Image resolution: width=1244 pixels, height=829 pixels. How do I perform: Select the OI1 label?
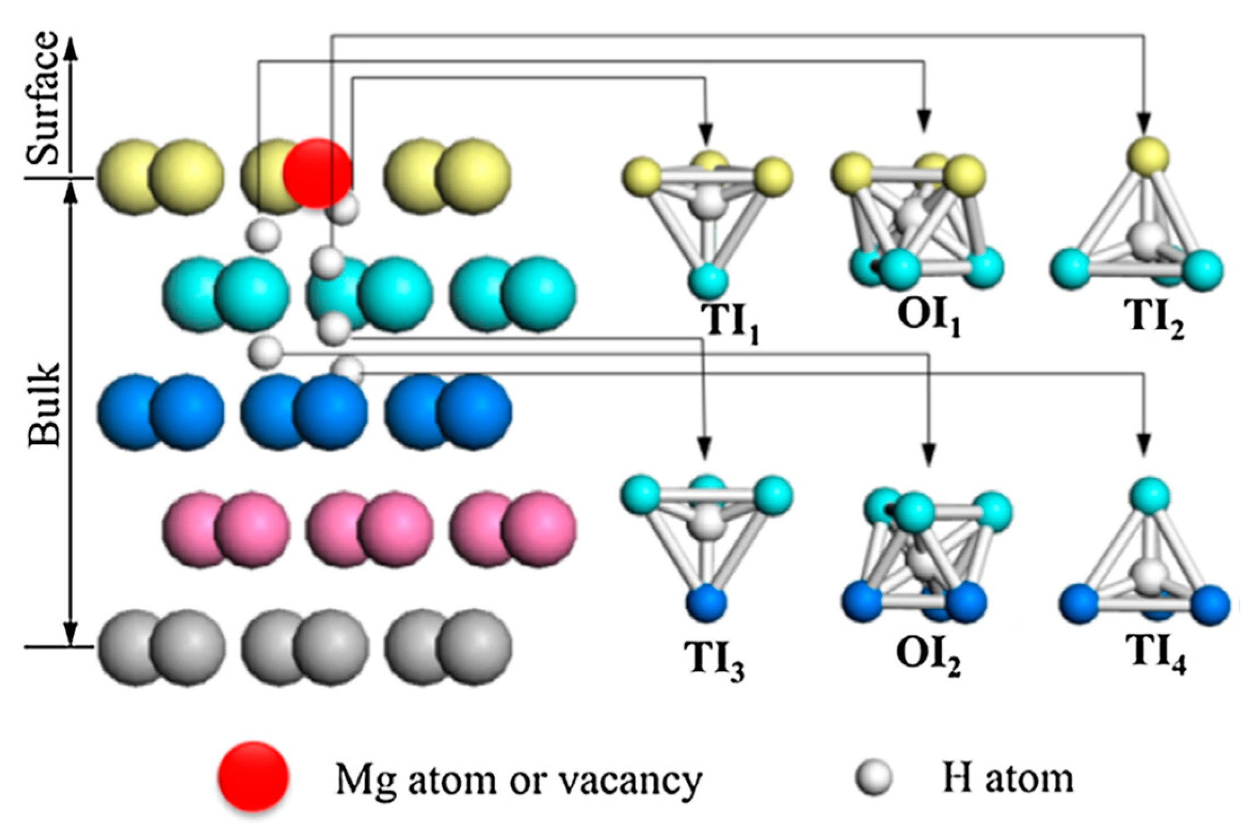(x=928, y=317)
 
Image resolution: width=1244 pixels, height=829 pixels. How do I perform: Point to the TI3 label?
(x=714, y=660)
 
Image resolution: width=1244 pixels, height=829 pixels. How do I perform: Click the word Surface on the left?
(x=43, y=99)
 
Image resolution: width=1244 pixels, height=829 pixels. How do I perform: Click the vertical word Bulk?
(x=44, y=404)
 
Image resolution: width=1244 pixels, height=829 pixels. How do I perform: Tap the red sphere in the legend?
(x=254, y=776)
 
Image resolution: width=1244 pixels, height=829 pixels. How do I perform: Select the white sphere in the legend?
(x=874, y=777)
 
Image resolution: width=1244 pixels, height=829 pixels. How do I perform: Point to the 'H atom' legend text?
(x=1008, y=778)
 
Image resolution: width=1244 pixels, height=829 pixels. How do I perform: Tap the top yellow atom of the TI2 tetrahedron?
(x=1148, y=155)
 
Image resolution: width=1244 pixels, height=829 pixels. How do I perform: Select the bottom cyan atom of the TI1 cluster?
(x=708, y=279)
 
